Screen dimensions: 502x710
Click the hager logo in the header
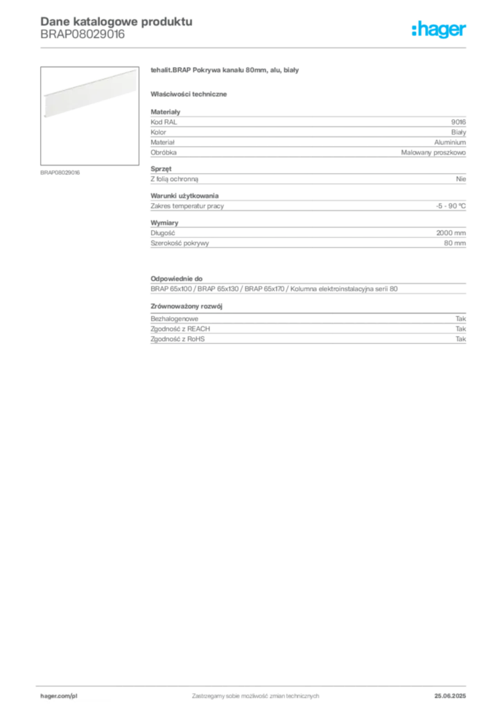[439, 29]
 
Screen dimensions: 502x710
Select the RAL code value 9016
[458, 122]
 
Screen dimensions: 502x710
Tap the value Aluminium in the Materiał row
[450, 142]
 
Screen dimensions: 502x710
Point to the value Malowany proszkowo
[433, 153]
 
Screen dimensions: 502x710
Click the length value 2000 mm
[451, 233]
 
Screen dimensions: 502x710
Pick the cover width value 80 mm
[455, 243]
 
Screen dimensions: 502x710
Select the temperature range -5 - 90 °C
[451, 206]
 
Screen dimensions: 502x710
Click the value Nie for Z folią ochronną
[461, 179]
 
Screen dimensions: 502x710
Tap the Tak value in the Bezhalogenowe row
[460, 319]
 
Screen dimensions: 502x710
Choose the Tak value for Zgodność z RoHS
[460, 339]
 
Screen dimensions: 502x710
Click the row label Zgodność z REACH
[180, 329]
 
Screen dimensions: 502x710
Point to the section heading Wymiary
[164, 223]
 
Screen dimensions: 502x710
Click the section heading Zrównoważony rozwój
[187, 306]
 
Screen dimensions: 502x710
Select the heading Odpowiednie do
[177, 279]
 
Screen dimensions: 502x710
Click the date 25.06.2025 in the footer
[450, 696]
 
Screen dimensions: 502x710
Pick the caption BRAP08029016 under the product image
[60, 173]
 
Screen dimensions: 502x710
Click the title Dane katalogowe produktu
[116, 21]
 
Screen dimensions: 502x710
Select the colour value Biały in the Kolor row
[458, 132]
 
